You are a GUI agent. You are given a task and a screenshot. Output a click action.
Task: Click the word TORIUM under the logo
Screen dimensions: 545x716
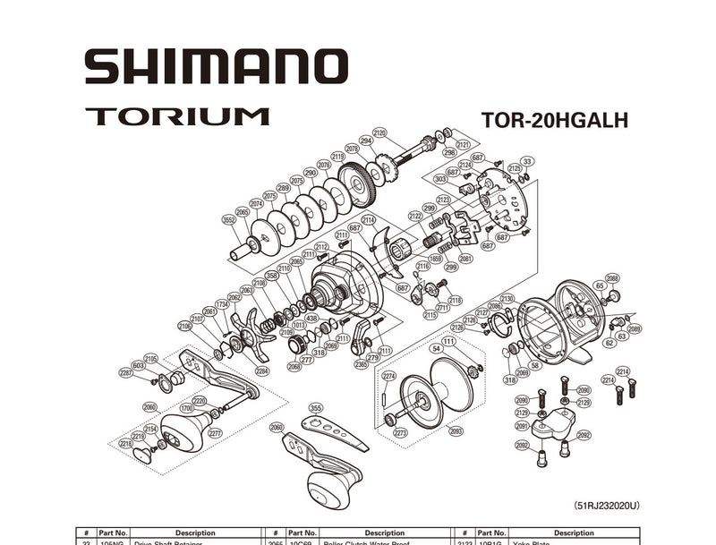pos(177,116)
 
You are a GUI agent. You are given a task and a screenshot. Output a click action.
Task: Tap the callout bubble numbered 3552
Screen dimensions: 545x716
pos(229,219)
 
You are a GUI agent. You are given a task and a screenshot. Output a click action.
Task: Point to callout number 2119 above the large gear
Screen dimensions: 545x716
pos(338,157)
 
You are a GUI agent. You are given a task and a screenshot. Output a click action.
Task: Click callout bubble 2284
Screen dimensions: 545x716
pos(261,370)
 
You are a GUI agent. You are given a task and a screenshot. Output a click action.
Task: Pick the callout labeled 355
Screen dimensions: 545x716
pos(315,408)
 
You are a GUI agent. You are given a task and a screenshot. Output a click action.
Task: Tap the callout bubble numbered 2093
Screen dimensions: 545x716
pos(456,430)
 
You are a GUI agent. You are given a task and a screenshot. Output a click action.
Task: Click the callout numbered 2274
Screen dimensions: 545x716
pos(388,376)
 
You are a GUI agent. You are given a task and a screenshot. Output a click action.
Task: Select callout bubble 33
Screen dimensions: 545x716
pos(528,161)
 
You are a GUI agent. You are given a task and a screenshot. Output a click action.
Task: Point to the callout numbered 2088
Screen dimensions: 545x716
pos(612,278)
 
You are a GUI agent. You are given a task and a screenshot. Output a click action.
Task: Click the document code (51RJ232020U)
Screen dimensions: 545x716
pos(607,506)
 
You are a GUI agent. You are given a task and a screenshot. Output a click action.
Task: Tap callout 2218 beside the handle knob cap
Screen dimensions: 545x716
pos(125,444)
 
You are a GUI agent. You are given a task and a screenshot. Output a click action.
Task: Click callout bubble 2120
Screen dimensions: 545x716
pos(379,133)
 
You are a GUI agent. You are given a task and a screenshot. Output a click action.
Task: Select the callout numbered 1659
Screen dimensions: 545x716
pos(434,259)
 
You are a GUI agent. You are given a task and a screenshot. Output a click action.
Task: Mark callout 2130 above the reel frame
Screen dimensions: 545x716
pos(507,299)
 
